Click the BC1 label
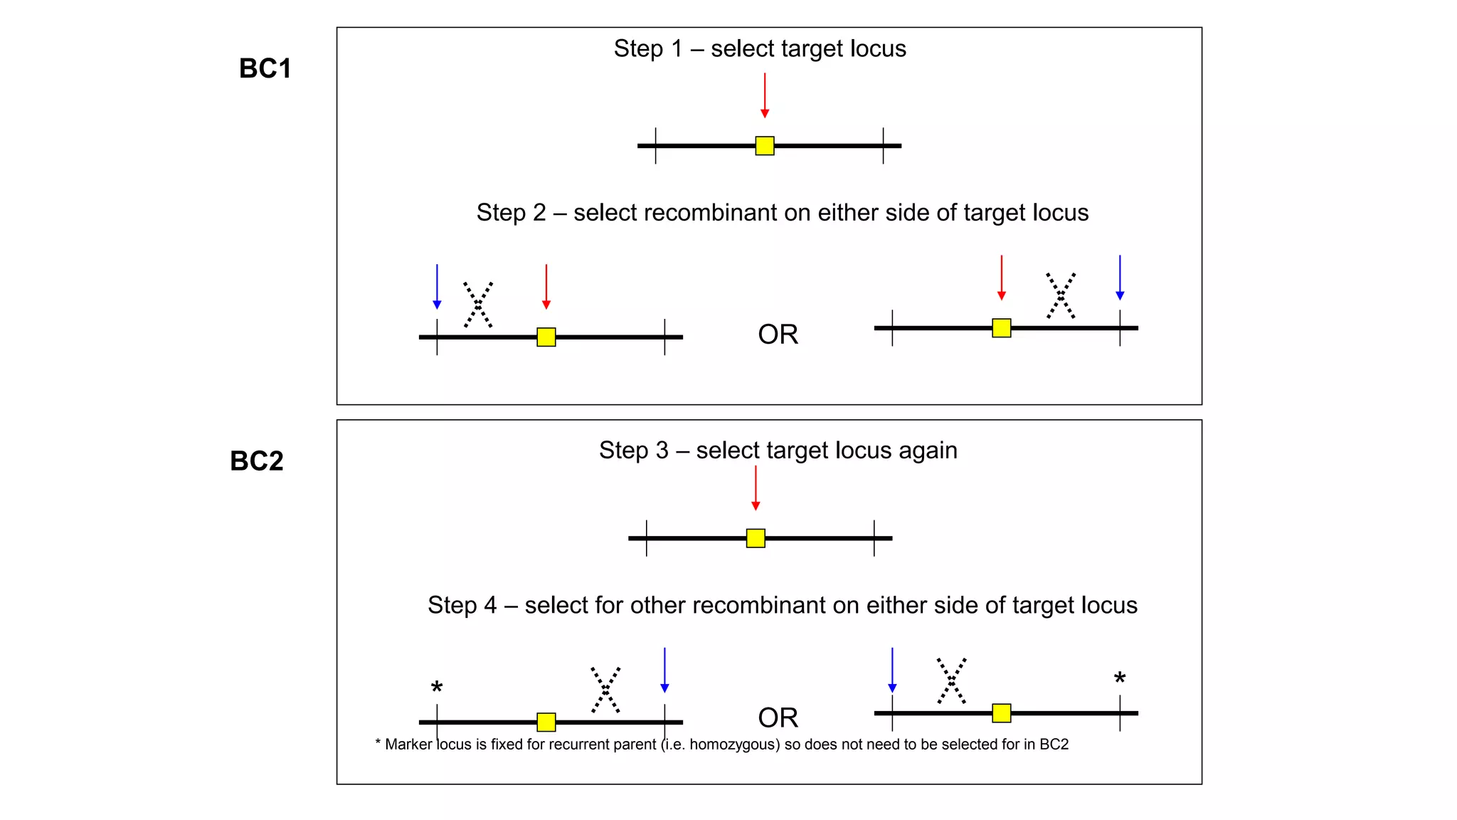pyautogui.click(x=265, y=69)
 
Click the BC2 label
pyautogui.click(x=256, y=461)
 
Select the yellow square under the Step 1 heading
pyautogui.click(x=765, y=146)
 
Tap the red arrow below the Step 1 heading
pyautogui.click(x=765, y=95)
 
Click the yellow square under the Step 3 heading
pyautogui.click(x=756, y=538)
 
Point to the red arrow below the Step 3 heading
pyautogui.click(x=756, y=488)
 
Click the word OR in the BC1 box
pyautogui.click(x=778, y=335)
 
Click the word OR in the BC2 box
pyautogui.click(x=778, y=717)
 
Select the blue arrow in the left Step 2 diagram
pyautogui.click(x=437, y=287)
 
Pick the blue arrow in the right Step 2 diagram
pyautogui.click(x=1120, y=278)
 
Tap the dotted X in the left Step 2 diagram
pyautogui.click(x=478, y=305)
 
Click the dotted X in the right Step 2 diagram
pyautogui.click(x=1061, y=295)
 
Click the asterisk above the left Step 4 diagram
pyautogui.click(x=437, y=688)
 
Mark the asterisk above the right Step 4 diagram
pyautogui.click(x=1120, y=678)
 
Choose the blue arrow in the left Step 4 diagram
pyautogui.click(x=664, y=670)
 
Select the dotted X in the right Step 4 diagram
pyautogui.click(x=951, y=680)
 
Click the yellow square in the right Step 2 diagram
pyautogui.click(x=1001, y=328)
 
